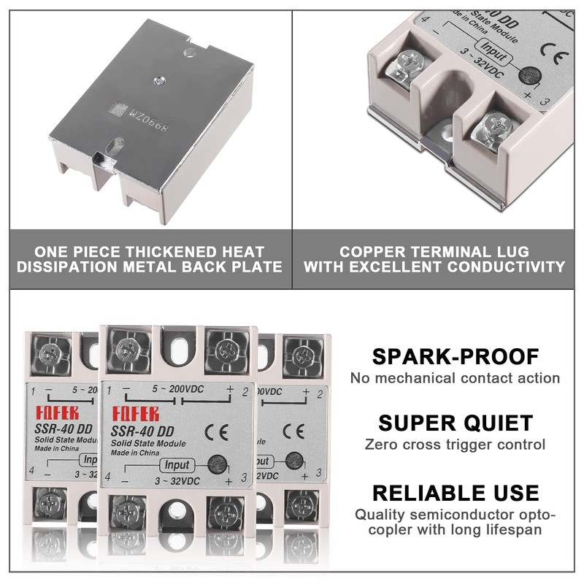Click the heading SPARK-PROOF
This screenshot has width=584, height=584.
coord(456,357)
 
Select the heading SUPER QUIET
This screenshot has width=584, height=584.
coord(456,423)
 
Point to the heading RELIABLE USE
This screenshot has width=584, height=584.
coord(456,492)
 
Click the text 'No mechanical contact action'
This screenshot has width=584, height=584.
coord(456,378)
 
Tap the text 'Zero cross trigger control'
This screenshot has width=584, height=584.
coord(456,444)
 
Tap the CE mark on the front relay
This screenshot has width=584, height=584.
coord(220,431)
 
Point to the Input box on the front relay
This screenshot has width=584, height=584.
coord(177,465)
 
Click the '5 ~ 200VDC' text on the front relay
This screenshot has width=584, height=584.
coord(180,389)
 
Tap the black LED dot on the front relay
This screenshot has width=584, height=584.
coord(215,463)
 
